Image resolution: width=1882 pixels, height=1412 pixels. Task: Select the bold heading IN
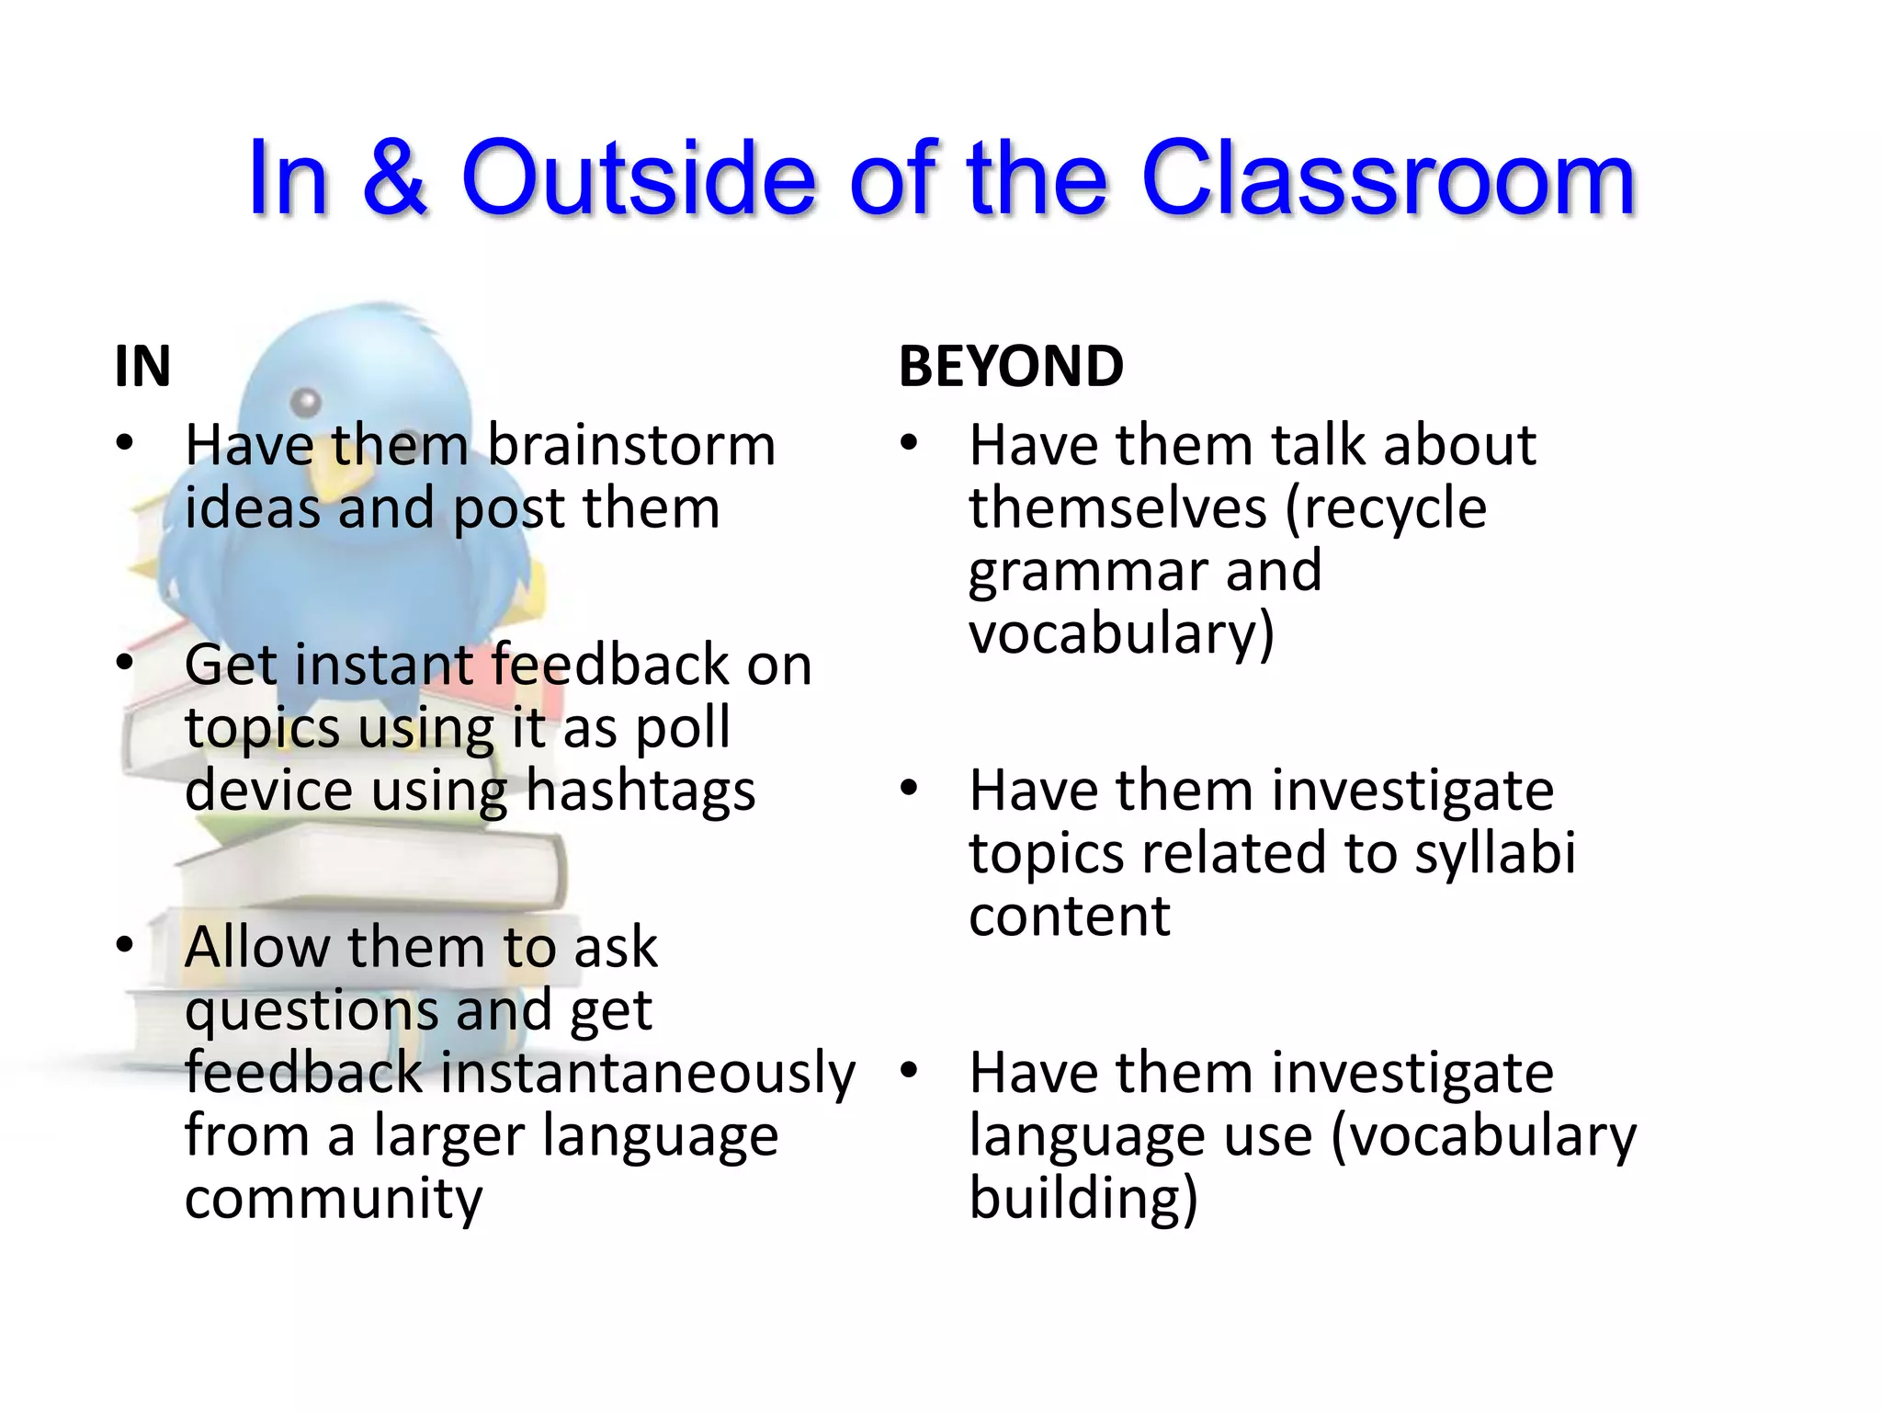pos(142,366)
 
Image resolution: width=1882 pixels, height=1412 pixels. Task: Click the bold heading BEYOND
pos(1011,366)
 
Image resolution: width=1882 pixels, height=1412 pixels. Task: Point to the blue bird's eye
pos(306,402)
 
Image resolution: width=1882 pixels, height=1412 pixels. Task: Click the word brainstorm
pos(630,446)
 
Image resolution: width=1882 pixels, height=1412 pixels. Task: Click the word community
pos(333,1199)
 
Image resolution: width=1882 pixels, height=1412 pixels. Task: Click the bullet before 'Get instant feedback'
pos(125,664)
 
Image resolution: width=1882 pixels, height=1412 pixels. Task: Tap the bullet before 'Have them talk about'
pos(909,444)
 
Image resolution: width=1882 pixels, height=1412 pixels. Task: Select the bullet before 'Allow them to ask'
pos(125,946)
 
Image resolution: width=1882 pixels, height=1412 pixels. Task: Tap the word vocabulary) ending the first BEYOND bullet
pos(1121,634)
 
